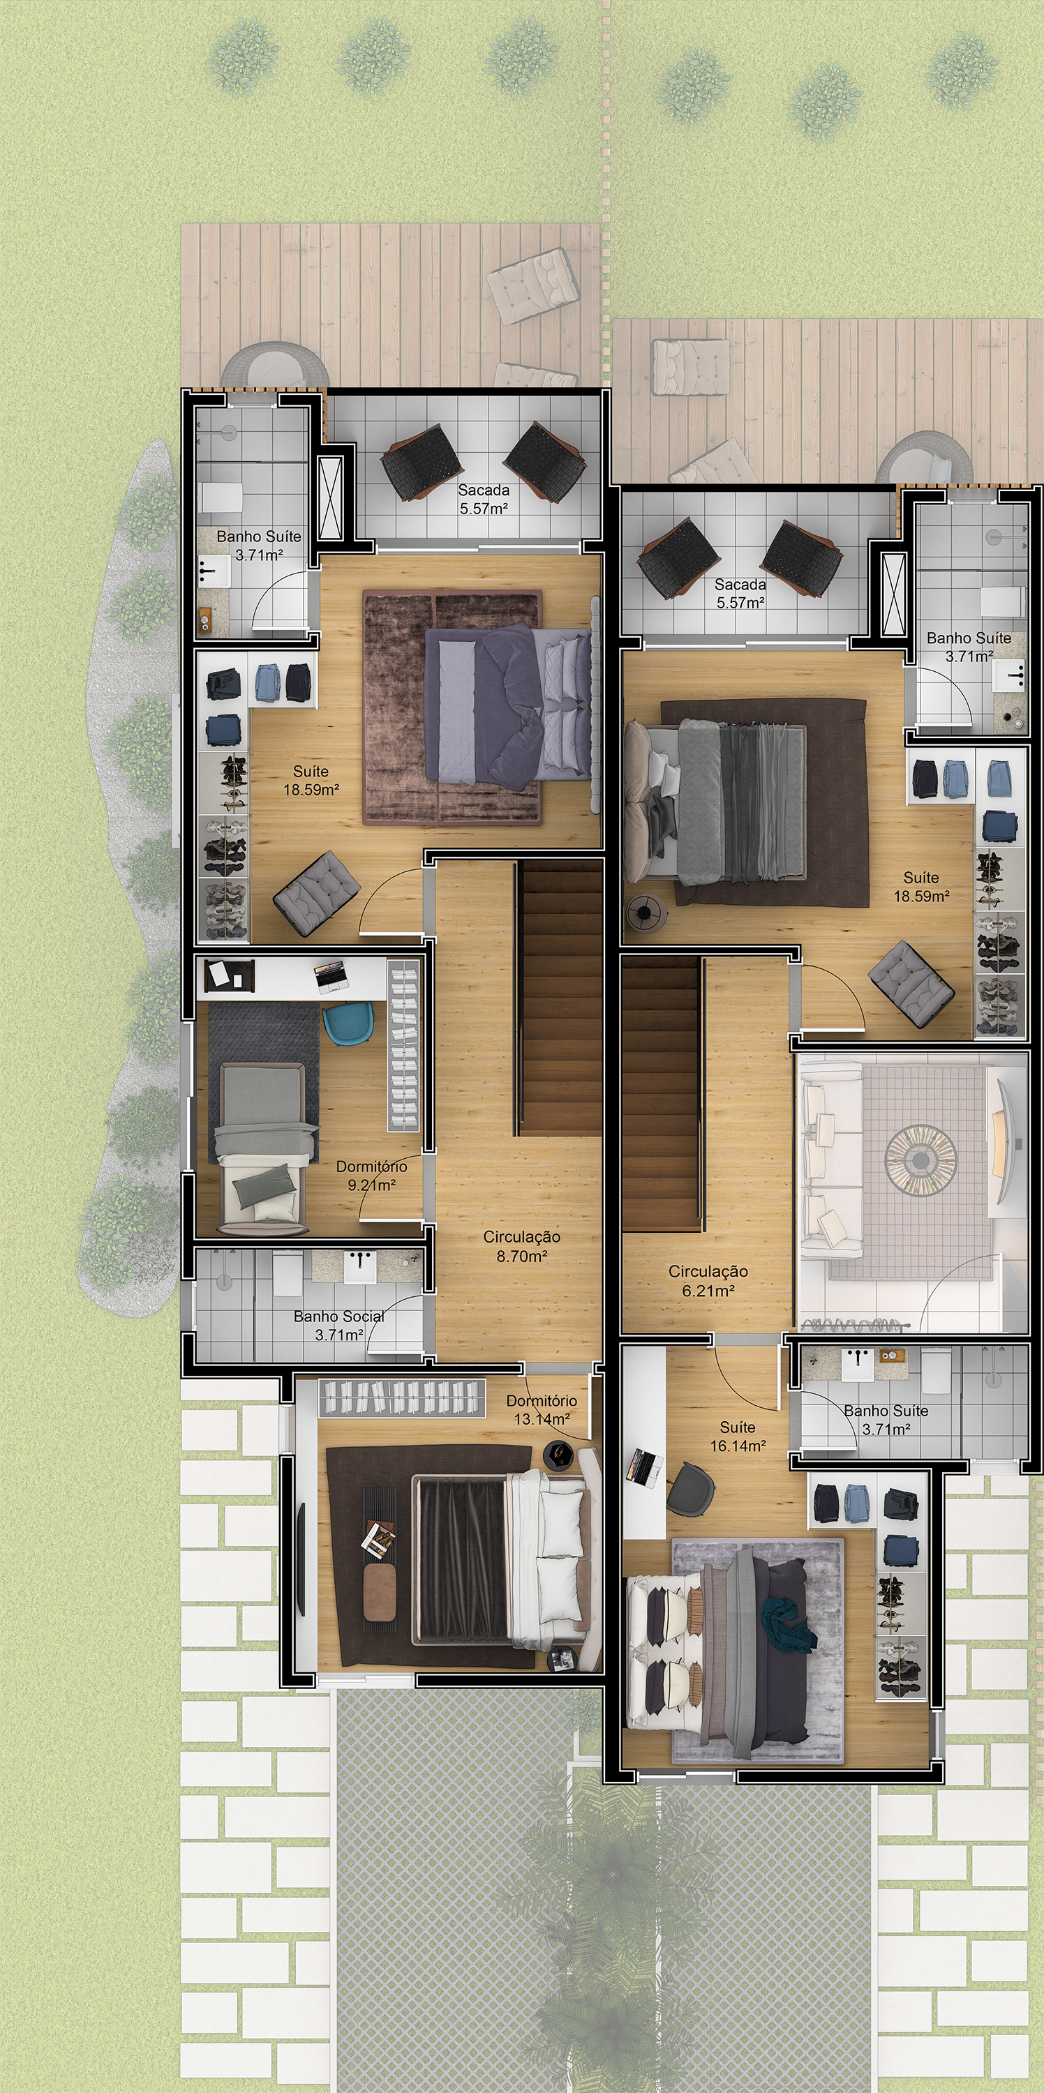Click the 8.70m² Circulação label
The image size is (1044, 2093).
pos(521,1246)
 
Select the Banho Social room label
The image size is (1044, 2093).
pos(338,1325)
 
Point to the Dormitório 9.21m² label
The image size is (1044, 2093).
pos(371,1176)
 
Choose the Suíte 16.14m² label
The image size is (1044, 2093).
pos(738,1436)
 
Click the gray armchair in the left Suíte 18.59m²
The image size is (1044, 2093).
pos(317,894)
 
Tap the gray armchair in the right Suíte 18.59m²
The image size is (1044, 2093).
pos(911,984)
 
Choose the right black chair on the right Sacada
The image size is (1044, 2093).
pos(801,562)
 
